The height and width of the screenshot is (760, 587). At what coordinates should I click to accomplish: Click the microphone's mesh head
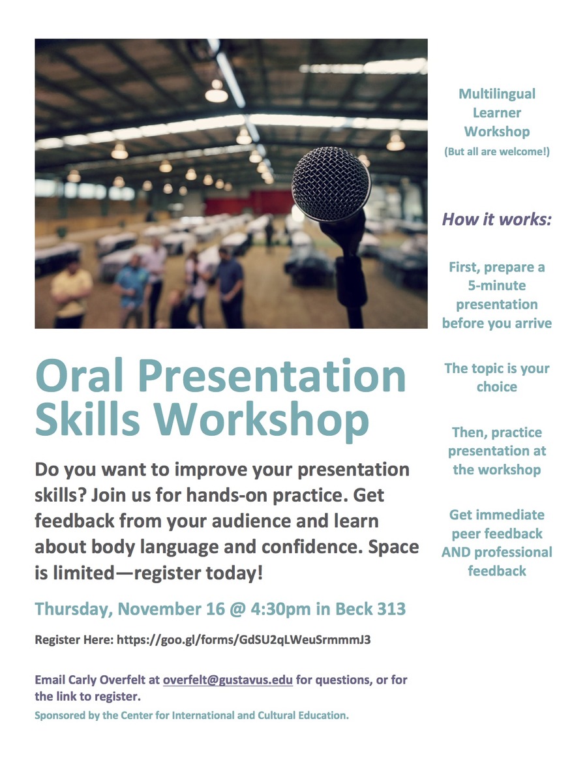click(x=331, y=185)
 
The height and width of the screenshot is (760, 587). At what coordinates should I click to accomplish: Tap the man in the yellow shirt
click(x=71, y=294)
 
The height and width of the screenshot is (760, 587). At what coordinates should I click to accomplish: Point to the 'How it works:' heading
click(x=497, y=219)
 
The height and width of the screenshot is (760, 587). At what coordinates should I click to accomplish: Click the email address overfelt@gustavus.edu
click(x=228, y=680)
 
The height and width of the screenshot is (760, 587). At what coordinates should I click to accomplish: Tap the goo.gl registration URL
click(x=244, y=640)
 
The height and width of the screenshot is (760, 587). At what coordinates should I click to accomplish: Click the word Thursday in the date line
click(x=73, y=609)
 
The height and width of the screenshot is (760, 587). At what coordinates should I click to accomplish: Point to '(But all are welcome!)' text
click(x=497, y=151)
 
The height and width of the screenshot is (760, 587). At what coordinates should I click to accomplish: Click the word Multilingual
click(x=497, y=94)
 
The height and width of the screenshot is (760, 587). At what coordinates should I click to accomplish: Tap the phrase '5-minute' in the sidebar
click(x=497, y=286)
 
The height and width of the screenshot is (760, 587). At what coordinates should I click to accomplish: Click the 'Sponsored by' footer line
click(x=192, y=716)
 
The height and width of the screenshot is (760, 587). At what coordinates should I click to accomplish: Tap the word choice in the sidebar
click(x=497, y=387)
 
